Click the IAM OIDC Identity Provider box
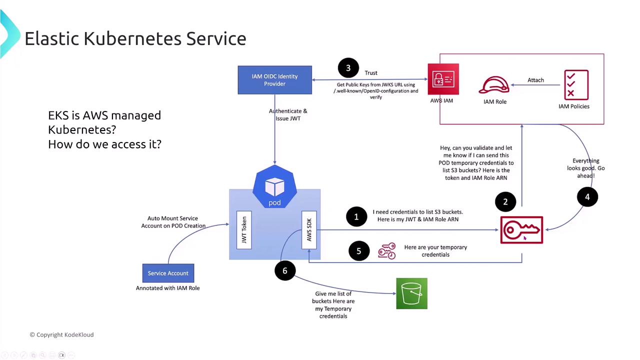tap(274, 80)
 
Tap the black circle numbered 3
tap(348, 68)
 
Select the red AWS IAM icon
tap(443, 79)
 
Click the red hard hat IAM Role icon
tap(494, 85)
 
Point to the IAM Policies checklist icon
tap(576, 84)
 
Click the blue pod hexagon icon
tap(274, 187)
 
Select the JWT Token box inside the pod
tap(244, 230)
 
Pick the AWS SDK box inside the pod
tap(309, 230)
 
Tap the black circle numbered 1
tap(356, 217)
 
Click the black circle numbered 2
tap(505, 202)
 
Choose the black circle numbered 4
tap(587, 197)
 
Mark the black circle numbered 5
tap(358, 251)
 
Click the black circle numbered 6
tap(285, 270)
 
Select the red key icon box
tap(521, 230)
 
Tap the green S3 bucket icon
tap(411, 293)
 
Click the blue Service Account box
tap(168, 273)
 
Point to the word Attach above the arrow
tap(535, 80)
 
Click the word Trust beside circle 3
tap(371, 73)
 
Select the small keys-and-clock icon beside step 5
tap(387, 251)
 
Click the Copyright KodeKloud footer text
tap(61, 334)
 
